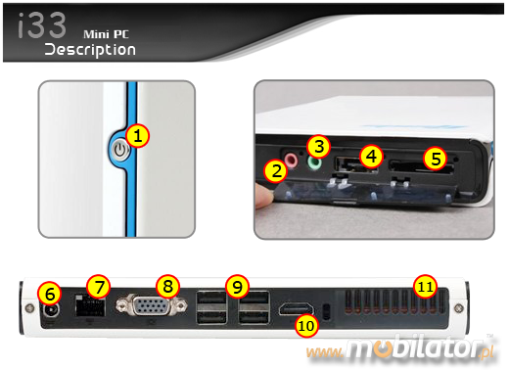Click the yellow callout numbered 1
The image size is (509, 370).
(x=138, y=136)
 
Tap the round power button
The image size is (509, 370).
(x=120, y=151)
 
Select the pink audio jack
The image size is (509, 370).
(x=291, y=160)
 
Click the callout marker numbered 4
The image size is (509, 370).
(x=371, y=157)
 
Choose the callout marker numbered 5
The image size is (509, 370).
(x=436, y=159)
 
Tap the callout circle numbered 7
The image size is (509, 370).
(x=99, y=287)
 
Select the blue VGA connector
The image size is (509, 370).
(x=152, y=305)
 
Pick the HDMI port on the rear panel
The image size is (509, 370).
(x=297, y=308)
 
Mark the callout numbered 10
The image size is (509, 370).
(x=306, y=326)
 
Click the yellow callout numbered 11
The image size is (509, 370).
(x=425, y=287)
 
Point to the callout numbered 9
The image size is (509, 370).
(x=237, y=287)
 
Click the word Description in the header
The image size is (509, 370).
(x=90, y=50)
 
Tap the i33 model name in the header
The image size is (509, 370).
(x=42, y=25)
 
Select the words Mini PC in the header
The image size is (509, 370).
(x=106, y=34)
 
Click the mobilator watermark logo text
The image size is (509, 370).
(x=399, y=348)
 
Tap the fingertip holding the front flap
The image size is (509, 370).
(x=263, y=196)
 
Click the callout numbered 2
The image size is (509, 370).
(x=276, y=171)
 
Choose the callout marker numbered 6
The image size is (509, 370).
(x=49, y=294)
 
